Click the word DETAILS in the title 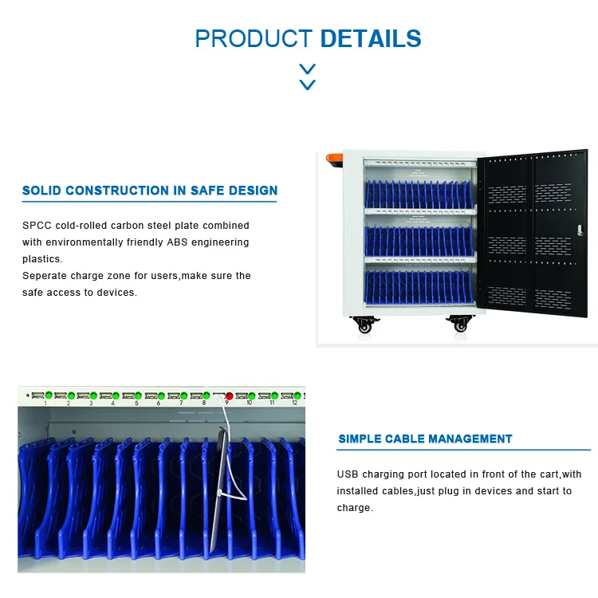(x=371, y=38)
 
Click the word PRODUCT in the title (x=254, y=38)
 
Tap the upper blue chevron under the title (x=307, y=69)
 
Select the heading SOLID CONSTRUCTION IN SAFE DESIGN (x=150, y=191)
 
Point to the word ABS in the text (x=177, y=242)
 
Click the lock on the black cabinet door (x=580, y=230)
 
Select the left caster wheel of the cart (x=364, y=325)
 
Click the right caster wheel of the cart (x=460, y=325)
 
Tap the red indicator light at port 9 (x=229, y=395)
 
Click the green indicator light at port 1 (x=49, y=395)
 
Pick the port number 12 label (x=294, y=403)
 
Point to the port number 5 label (x=136, y=403)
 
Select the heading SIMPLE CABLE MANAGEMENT (x=425, y=439)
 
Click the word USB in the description (x=347, y=474)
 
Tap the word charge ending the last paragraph (x=353, y=508)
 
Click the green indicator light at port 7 (x=184, y=395)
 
